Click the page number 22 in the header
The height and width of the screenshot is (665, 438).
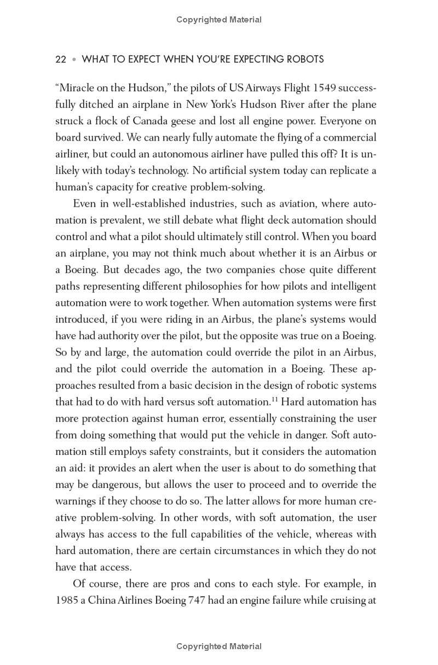click(x=61, y=59)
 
